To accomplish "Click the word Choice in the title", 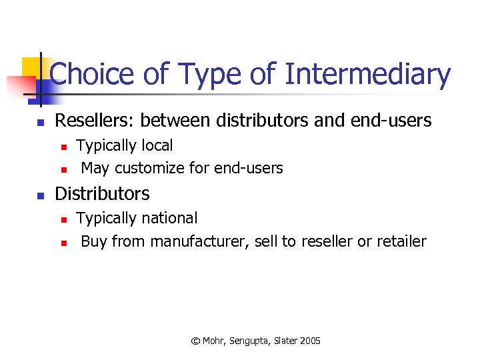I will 94,74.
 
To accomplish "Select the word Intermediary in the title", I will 367,74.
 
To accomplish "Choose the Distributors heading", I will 102,194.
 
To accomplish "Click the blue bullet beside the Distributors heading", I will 40,196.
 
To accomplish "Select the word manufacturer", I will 200,241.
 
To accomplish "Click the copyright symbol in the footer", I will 195,341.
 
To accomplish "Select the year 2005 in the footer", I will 310,341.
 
